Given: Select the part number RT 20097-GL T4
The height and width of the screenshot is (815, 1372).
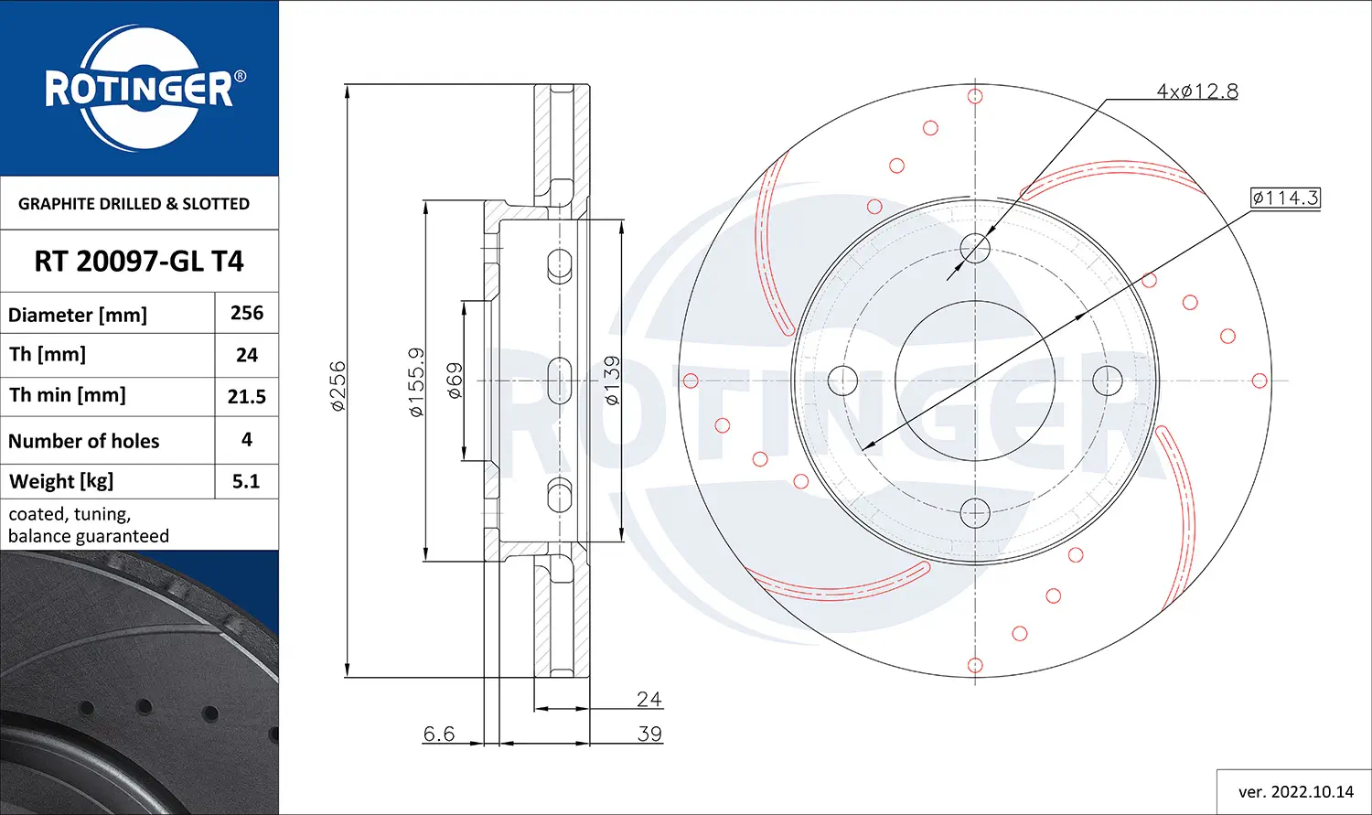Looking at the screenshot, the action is [x=139, y=262].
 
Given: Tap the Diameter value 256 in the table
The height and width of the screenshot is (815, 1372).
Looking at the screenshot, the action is [x=247, y=313].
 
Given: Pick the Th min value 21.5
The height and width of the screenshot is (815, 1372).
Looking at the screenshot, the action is [x=246, y=397].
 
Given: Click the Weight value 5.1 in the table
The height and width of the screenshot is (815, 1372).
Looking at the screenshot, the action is [x=246, y=481].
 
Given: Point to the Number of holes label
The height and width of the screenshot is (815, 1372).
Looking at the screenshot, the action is [x=83, y=441].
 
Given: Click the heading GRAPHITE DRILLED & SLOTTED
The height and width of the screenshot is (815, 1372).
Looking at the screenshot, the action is [x=134, y=204].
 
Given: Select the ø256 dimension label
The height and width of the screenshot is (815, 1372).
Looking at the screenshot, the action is [x=338, y=386].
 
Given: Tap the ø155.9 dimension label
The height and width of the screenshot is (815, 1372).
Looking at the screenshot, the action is [x=416, y=382].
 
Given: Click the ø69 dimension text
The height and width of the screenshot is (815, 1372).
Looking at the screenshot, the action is [x=455, y=381].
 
